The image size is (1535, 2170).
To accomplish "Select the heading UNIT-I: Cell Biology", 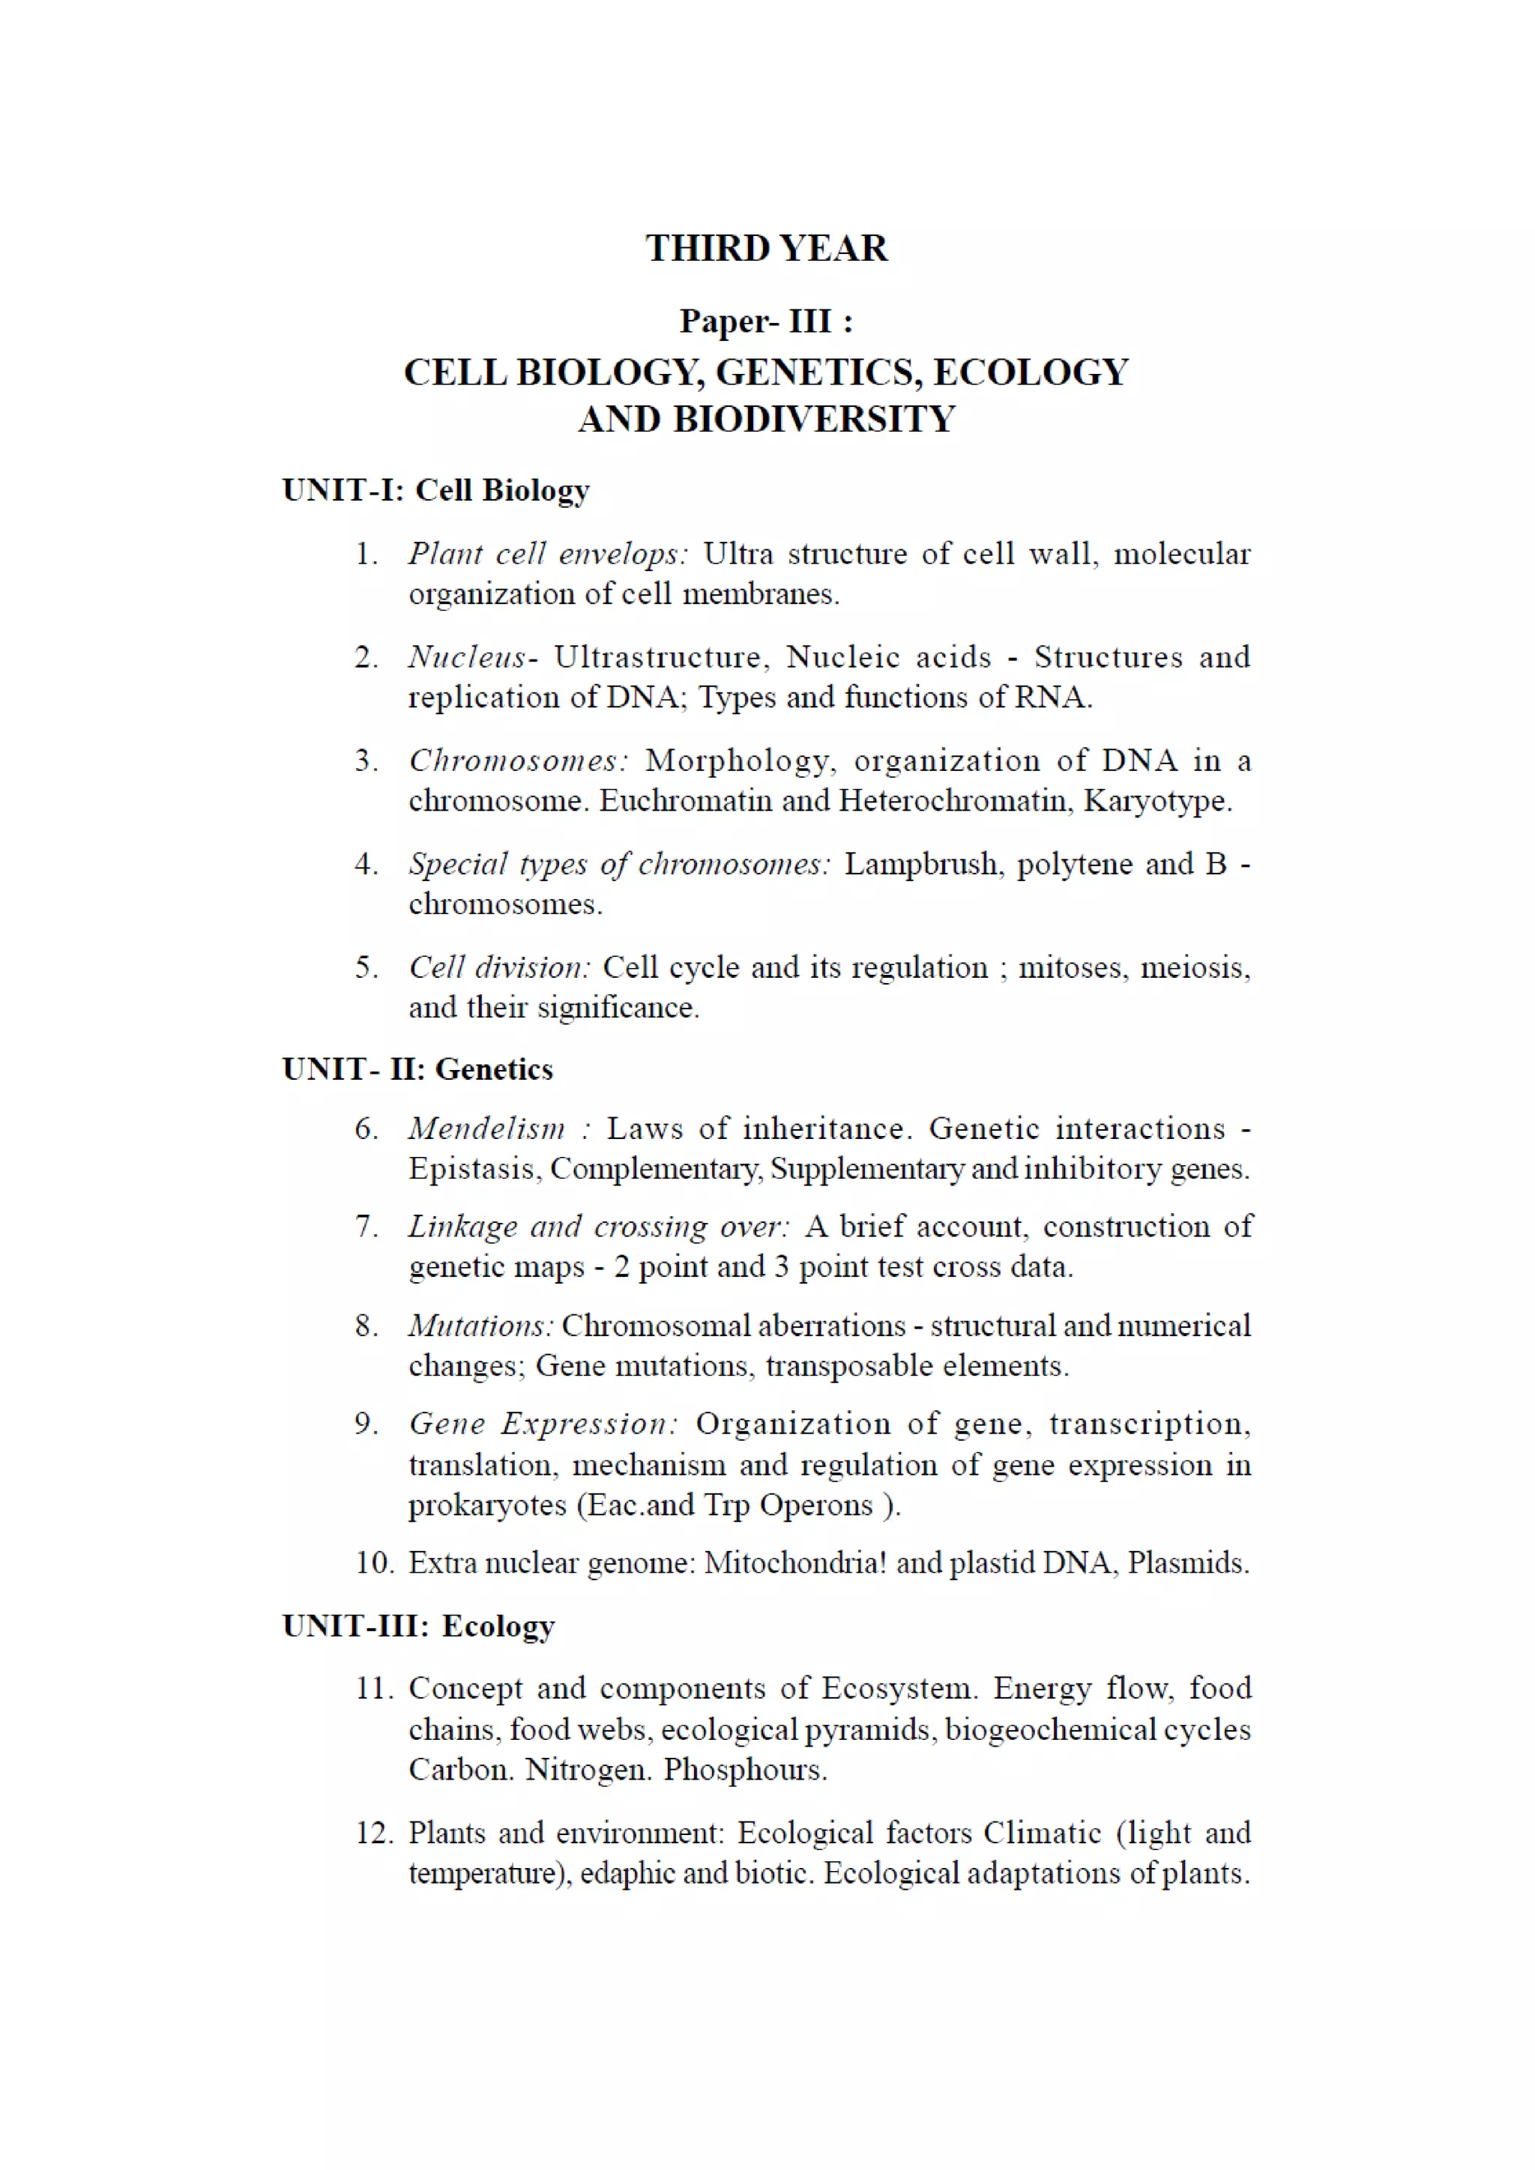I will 435,491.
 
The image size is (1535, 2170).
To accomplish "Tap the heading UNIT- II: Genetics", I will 417,1069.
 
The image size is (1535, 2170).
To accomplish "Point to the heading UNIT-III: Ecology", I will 419,1625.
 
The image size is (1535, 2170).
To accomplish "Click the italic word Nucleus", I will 468,657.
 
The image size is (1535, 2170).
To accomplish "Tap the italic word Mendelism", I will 486,1128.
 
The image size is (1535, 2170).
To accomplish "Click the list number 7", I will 367,1227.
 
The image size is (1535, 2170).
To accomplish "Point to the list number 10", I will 374,1563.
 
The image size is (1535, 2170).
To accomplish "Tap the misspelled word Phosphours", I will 745,1769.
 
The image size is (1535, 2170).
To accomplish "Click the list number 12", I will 374,1834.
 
